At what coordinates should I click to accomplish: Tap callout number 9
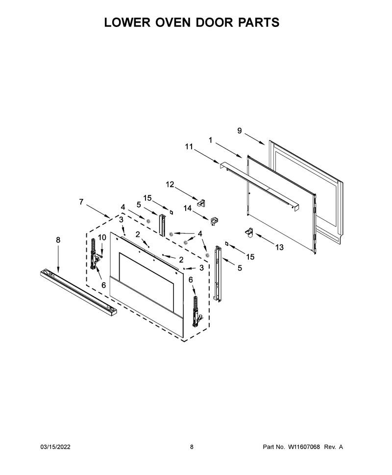pyautogui.click(x=240, y=131)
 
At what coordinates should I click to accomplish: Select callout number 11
pyautogui.click(x=189, y=146)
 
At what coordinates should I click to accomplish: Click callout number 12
pyautogui.click(x=170, y=184)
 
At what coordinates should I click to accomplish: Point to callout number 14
pyautogui.click(x=188, y=208)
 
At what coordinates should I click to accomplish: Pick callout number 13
pyautogui.click(x=279, y=247)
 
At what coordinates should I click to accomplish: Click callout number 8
pyautogui.click(x=58, y=240)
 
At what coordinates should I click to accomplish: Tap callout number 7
pyautogui.click(x=81, y=202)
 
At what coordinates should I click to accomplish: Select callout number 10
pyautogui.click(x=102, y=237)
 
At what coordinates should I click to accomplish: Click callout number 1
pyautogui.click(x=210, y=140)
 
